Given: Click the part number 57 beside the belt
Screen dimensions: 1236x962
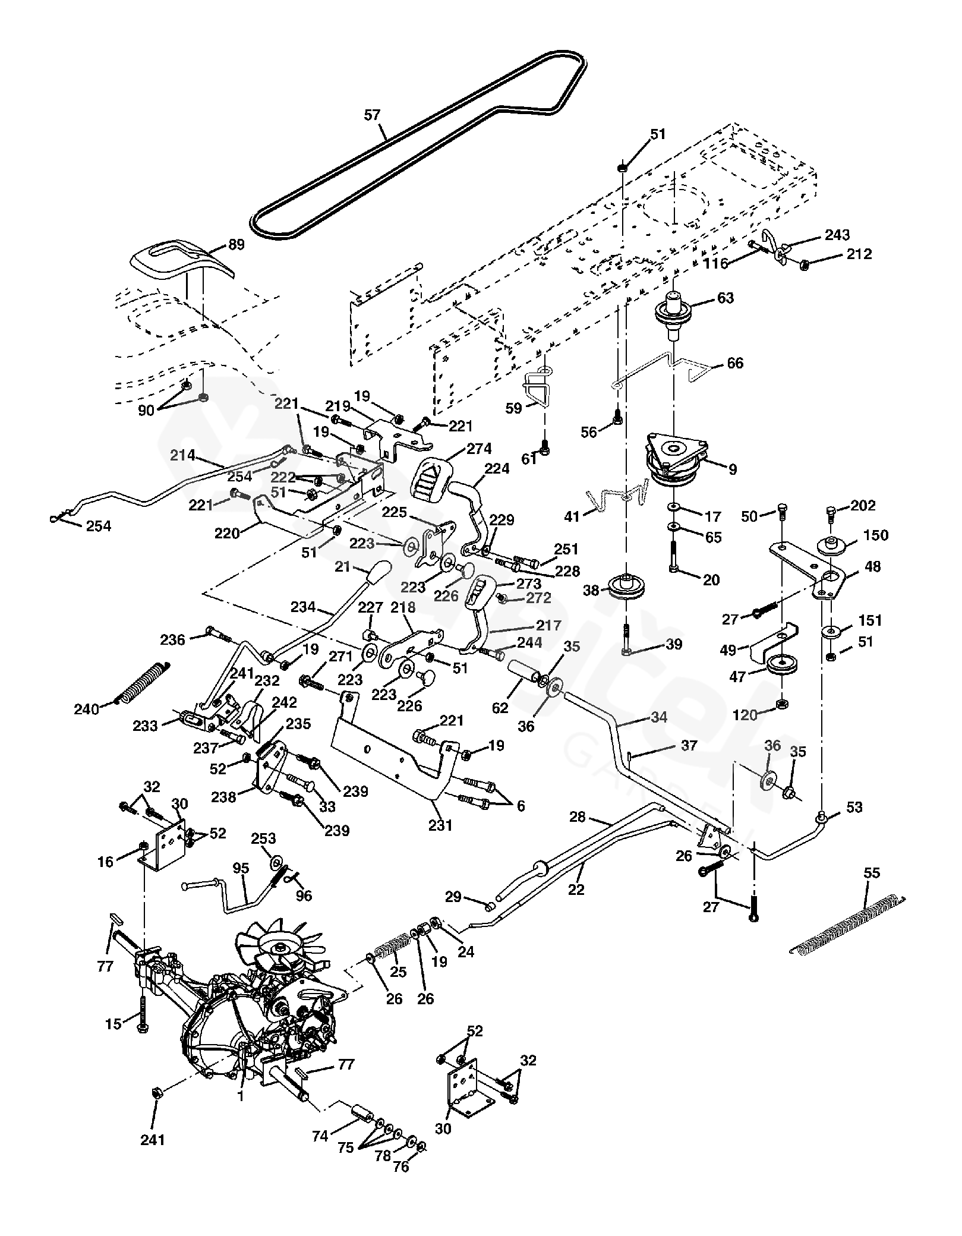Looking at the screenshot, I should click(372, 115).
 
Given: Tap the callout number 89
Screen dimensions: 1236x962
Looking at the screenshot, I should click(236, 244).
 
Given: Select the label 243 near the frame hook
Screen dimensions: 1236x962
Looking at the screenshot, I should click(837, 235).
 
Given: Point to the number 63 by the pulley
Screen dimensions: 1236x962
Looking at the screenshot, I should click(726, 298).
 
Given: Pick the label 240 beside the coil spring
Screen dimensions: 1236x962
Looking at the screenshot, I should click(86, 709).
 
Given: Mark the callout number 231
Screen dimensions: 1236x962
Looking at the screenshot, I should click(440, 825).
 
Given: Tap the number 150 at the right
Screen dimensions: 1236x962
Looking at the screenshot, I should click(876, 535).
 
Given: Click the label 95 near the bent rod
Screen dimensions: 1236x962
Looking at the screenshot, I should click(240, 868).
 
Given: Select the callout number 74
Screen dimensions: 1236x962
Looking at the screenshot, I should click(320, 1136).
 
